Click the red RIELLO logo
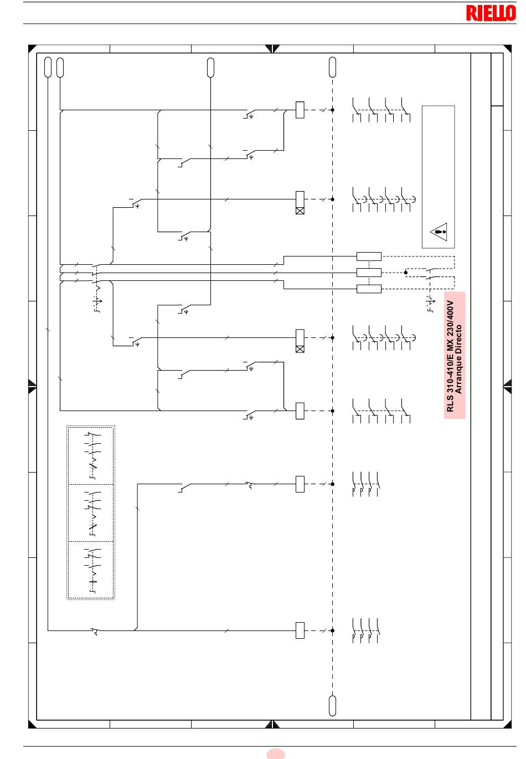click(x=491, y=13)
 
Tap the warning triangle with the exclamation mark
click(x=439, y=232)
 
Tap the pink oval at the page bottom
click(x=276, y=754)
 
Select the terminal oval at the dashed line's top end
click(x=332, y=67)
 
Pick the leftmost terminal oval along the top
click(x=48, y=67)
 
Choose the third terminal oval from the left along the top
click(x=210, y=68)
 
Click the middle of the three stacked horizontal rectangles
click(x=369, y=273)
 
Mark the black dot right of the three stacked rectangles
click(x=405, y=273)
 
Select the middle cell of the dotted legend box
click(x=91, y=513)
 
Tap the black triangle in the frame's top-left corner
click(x=32, y=48)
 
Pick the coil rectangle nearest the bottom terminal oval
click(x=300, y=630)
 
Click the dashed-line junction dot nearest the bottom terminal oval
click(x=332, y=630)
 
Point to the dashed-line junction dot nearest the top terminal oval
click(x=332, y=110)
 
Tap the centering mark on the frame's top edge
click(x=272, y=48)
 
